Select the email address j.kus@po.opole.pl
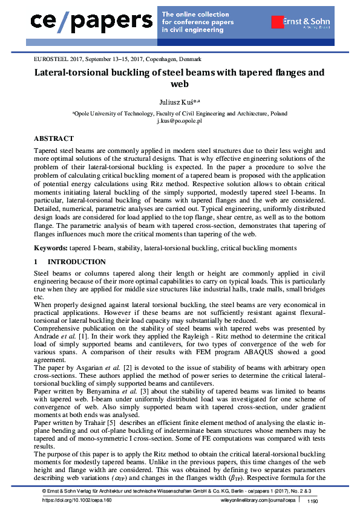click(180, 121)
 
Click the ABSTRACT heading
click(54, 138)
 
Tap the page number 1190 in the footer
click(313, 501)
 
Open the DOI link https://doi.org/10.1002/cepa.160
click(77, 501)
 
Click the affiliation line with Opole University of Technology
click(180, 113)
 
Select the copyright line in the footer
click(180, 493)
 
